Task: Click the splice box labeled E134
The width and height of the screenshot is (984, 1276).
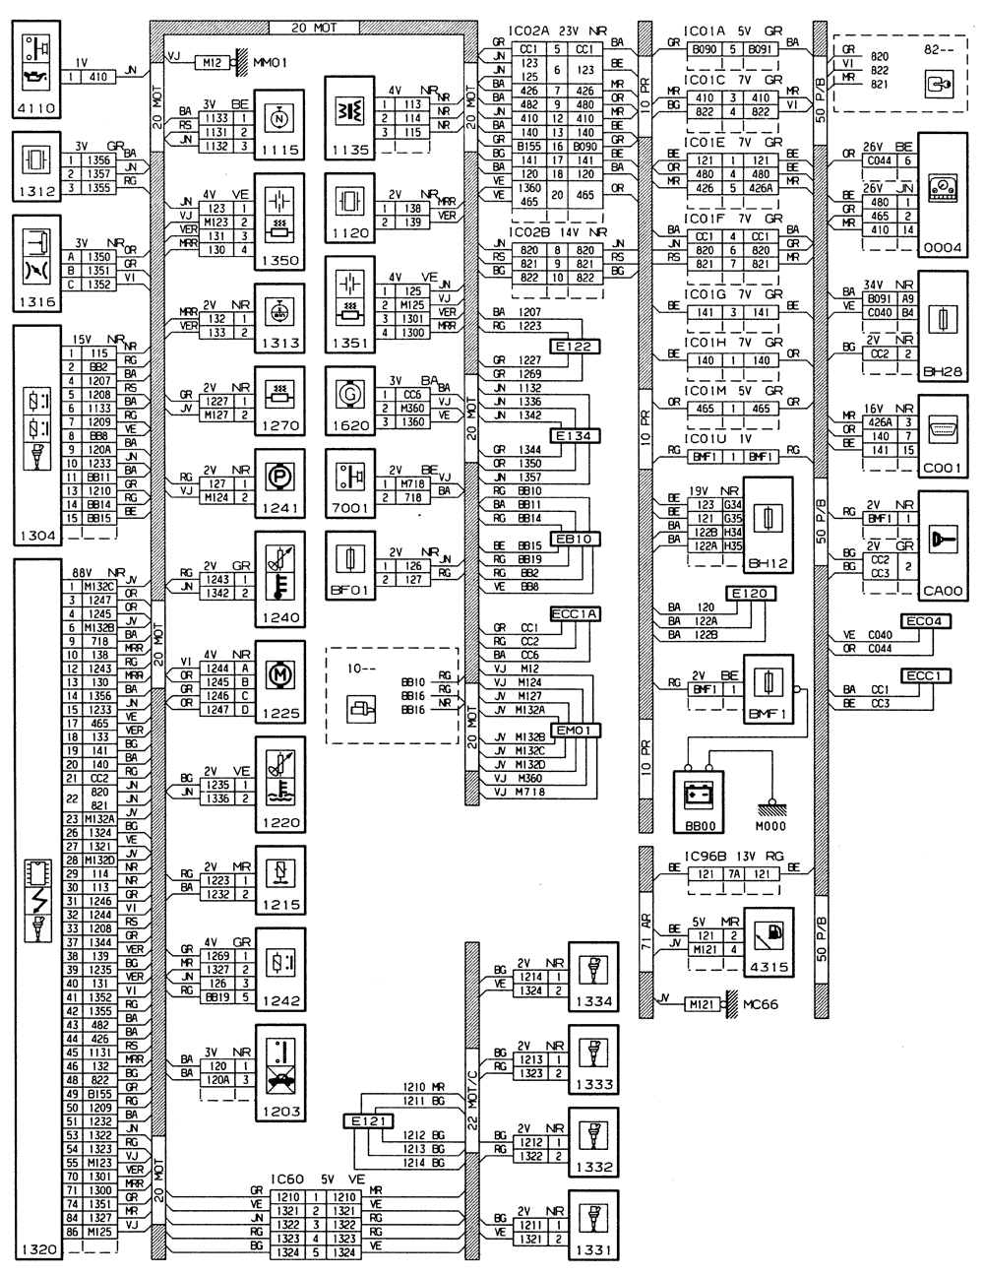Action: (x=571, y=435)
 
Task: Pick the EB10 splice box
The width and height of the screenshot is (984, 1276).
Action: (x=571, y=539)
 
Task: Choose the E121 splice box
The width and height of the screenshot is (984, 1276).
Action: (x=368, y=1120)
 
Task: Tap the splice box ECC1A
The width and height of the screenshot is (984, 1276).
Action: (x=575, y=613)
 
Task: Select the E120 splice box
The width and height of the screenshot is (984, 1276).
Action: (x=753, y=594)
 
